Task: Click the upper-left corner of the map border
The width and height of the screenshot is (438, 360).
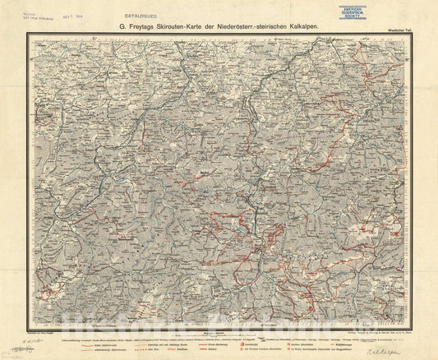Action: [27, 35]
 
